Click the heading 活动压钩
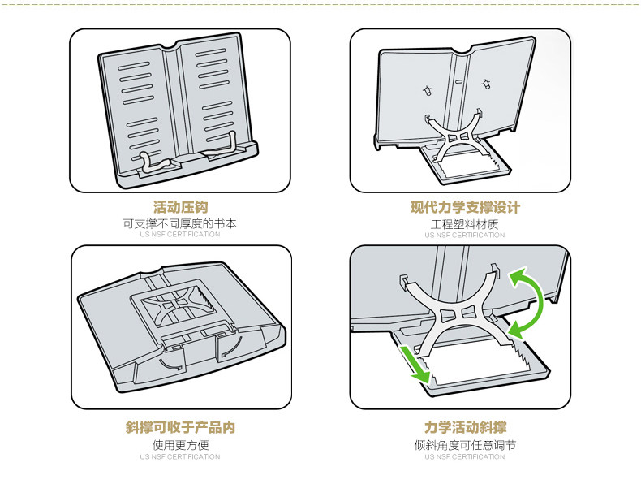tap(180, 207)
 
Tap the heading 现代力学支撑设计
tap(465, 207)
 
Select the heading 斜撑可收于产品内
tap(180, 427)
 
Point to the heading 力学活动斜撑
tap(465, 427)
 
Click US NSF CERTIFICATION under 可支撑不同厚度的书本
tap(180, 235)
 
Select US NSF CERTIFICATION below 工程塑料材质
tap(465, 235)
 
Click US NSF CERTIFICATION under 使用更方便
tap(180, 456)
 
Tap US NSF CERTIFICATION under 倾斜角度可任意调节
tap(465, 456)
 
